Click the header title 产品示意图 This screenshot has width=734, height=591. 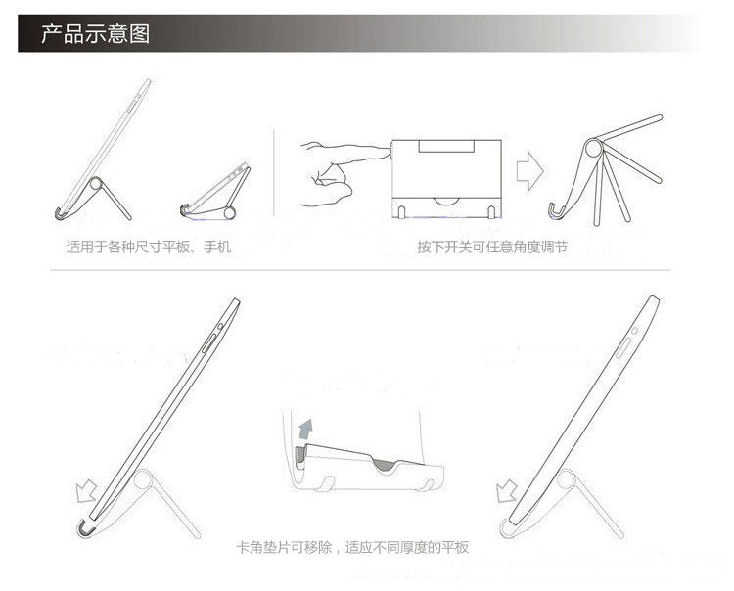point(95,34)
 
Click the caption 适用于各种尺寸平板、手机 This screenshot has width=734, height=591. point(149,248)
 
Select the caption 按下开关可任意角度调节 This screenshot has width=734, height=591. point(491,248)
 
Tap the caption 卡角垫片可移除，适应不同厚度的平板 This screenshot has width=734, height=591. point(352,547)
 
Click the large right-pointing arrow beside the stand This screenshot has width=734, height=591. point(529,171)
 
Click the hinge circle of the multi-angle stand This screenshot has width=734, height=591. point(593,149)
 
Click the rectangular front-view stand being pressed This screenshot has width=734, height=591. point(446,176)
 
